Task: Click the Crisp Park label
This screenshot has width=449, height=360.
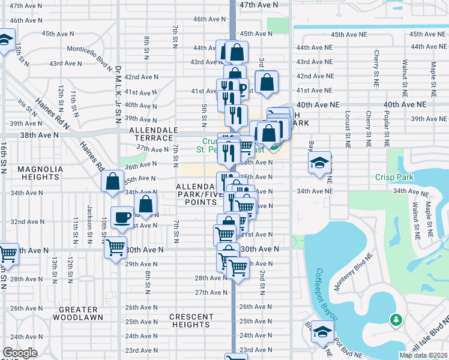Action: tap(395, 178)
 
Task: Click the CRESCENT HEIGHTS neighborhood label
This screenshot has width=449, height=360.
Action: tap(191, 321)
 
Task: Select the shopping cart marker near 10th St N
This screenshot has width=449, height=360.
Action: tap(115, 247)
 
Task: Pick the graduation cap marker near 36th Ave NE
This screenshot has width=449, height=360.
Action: tap(320, 161)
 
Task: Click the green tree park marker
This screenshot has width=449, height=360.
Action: tap(396, 319)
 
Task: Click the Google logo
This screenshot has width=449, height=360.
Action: tap(20, 353)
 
